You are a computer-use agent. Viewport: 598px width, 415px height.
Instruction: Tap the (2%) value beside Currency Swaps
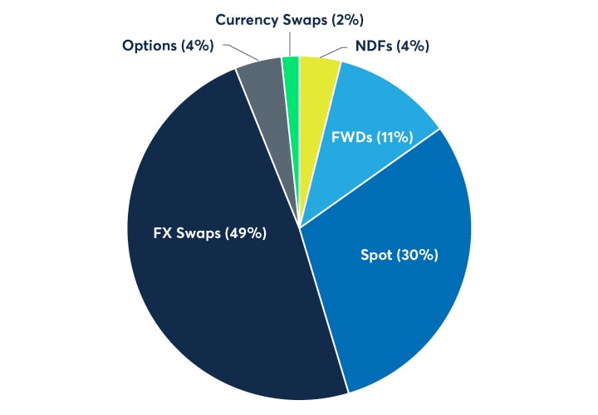click(x=350, y=18)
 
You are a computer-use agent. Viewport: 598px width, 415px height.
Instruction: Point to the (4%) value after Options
click(x=196, y=46)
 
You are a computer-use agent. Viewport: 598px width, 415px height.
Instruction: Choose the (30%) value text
click(x=419, y=255)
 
